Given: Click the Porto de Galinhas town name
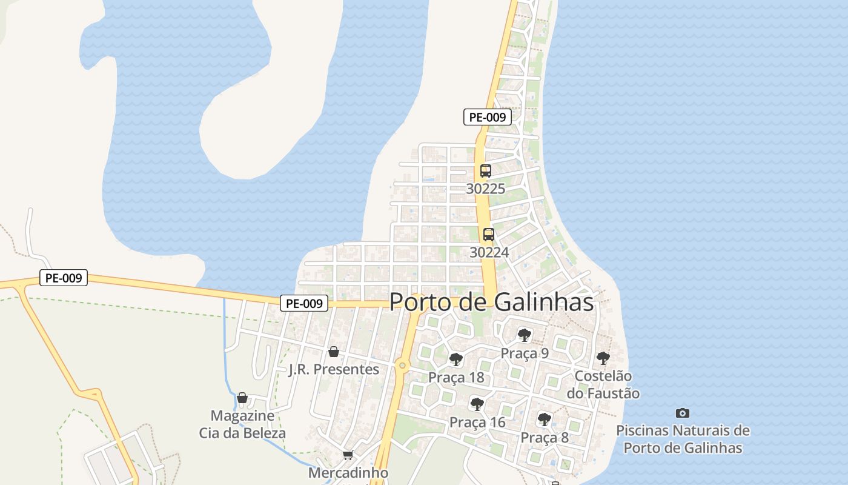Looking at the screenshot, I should pyautogui.click(x=491, y=302).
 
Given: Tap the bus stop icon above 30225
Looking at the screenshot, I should pyautogui.click(x=486, y=171).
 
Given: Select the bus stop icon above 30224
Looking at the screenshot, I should pyautogui.click(x=489, y=235).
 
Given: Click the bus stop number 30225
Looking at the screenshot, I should pyautogui.click(x=486, y=189).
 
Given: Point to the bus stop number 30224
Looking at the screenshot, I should pyautogui.click(x=489, y=252).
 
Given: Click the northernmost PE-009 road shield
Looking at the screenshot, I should pyautogui.click(x=487, y=117).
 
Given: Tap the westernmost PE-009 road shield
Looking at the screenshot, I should pyautogui.click(x=64, y=278).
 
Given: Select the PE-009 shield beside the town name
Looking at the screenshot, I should pyautogui.click(x=304, y=303).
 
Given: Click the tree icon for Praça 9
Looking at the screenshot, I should pyautogui.click(x=525, y=335).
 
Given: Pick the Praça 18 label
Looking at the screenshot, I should pyautogui.click(x=456, y=377).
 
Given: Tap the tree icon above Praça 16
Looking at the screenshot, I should pyautogui.click(x=477, y=404).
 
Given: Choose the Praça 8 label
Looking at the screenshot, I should pyautogui.click(x=545, y=437).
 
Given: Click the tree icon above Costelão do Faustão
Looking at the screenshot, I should pyautogui.click(x=603, y=358).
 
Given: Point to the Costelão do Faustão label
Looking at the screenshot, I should pyautogui.click(x=603, y=384).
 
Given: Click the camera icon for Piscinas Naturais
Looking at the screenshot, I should pyautogui.click(x=683, y=413).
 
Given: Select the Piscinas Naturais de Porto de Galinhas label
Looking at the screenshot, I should pyautogui.click(x=683, y=440).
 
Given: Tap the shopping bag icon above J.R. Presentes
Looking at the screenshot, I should pyautogui.click(x=333, y=352).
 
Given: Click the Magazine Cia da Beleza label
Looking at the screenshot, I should pyautogui.click(x=242, y=424).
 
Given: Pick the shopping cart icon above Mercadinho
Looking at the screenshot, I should pyautogui.click(x=348, y=455).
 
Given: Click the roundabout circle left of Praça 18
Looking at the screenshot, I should pyautogui.click(x=402, y=365).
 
